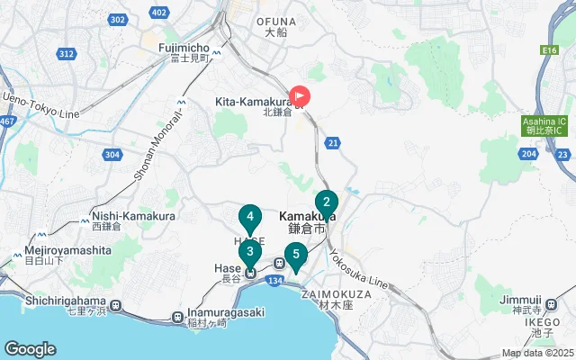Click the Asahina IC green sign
tap(545, 125)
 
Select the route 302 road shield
tap(116, 19)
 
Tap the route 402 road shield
tap(159, 12)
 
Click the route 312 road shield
tap(66, 54)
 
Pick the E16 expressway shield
tap(548, 52)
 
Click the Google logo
tap(30, 349)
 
